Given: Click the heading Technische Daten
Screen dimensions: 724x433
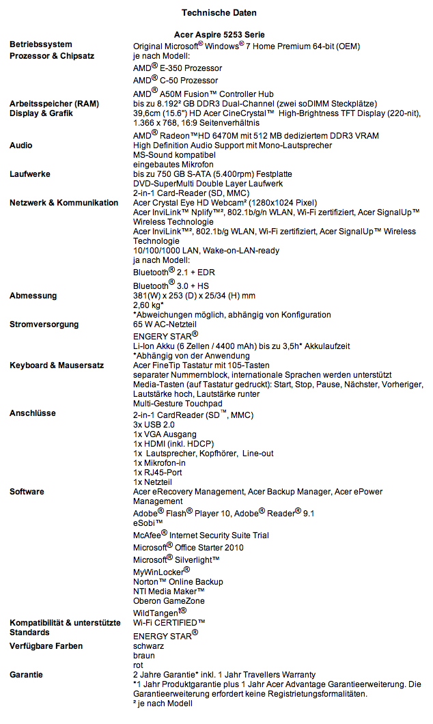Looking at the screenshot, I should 219,12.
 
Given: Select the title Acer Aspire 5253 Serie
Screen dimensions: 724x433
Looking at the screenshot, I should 219,34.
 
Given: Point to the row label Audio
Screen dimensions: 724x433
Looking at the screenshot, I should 21,145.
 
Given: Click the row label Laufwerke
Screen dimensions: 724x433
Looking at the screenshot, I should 29,174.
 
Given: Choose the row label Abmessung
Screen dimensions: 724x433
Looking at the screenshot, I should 33,296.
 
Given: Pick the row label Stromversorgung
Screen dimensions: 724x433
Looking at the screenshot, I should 44,324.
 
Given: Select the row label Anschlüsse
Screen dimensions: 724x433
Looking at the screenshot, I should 33,413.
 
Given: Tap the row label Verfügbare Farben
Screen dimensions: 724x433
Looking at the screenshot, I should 46,645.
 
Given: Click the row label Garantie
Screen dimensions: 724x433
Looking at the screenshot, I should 27,675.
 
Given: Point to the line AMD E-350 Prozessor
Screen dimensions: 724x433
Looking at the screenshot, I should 178,68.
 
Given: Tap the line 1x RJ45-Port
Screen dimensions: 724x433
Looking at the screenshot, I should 158,472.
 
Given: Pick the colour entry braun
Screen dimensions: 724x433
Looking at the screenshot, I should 144,654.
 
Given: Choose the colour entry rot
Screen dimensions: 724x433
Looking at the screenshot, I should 139,664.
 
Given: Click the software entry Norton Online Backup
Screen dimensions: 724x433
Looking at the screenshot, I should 178,582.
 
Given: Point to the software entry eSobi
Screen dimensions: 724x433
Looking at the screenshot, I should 148,523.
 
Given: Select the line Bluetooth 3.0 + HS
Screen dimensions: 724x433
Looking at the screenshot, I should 171,286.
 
